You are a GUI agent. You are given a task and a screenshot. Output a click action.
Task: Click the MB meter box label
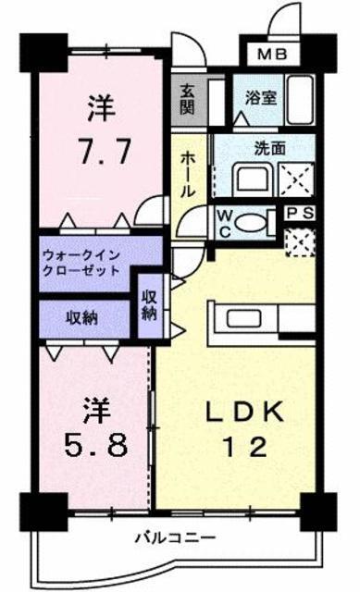(x=272, y=55)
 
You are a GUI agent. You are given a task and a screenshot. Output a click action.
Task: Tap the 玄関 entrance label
(x=187, y=100)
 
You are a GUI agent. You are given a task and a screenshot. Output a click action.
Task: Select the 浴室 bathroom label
(x=261, y=98)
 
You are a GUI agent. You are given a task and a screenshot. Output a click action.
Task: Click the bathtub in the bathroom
(x=301, y=100)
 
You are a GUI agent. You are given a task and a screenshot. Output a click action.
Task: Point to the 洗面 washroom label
(x=269, y=149)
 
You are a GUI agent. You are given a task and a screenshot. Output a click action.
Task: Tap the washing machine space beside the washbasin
(x=296, y=179)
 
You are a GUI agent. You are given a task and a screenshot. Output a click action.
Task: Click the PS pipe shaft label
(x=299, y=214)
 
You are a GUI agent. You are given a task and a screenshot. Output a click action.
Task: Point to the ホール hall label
(x=188, y=176)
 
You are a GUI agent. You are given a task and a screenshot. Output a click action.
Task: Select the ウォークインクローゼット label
(x=82, y=263)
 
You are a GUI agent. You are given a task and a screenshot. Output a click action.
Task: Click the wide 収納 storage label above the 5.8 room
(x=82, y=318)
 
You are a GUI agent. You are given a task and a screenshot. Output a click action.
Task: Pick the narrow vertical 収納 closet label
(x=149, y=305)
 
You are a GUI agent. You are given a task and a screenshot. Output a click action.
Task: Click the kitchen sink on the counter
(x=243, y=319)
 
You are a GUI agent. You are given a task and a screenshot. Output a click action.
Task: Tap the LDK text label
(x=244, y=412)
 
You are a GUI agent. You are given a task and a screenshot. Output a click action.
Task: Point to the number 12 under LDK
(x=244, y=448)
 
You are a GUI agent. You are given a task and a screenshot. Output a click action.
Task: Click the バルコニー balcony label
(x=175, y=537)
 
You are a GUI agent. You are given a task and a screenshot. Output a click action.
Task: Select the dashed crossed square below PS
(x=300, y=242)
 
